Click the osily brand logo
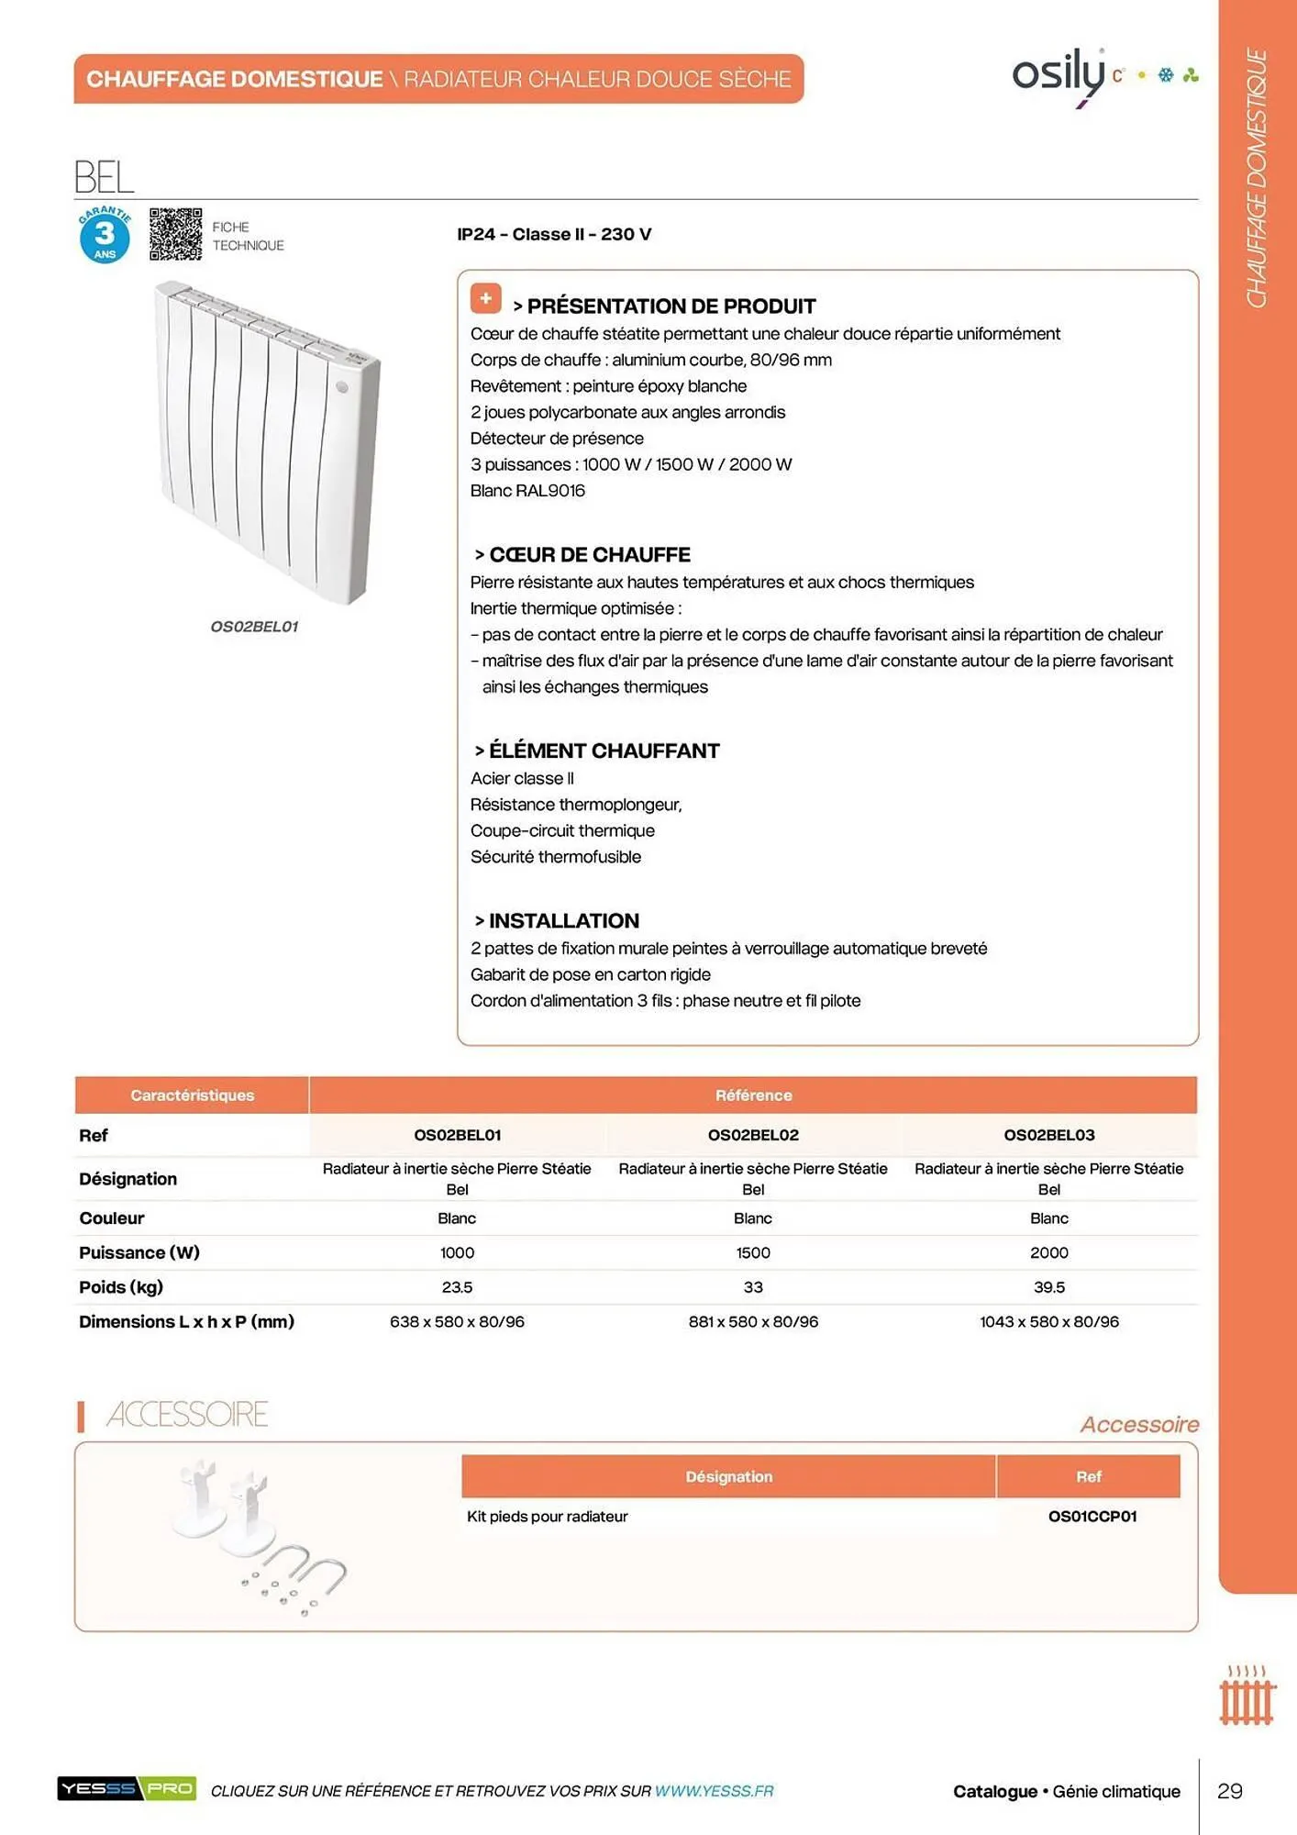(x=1059, y=73)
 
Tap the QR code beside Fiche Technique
(x=175, y=234)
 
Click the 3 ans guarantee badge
(x=105, y=235)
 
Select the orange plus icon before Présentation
(x=485, y=298)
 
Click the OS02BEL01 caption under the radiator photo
(x=254, y=627)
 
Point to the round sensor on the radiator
(x=342, y=387)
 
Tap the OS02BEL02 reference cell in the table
(x=753, y=1135)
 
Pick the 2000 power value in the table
(x=1048, y=1252)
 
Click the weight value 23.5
(x=457, y=1287)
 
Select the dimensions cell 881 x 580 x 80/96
(x=753, y=1322)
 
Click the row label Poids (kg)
(x=121, y=1287)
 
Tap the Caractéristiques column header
(x=192, y=1095)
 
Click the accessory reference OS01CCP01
(x=1092, y=1517)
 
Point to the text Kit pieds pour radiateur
(x=547, y=1517)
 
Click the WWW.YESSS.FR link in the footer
(x=714, y=1791)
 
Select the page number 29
(x=1229, y=1791)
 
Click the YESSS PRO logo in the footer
(x=127, y=1788)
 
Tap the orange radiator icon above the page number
(x=1247, y=1697)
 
